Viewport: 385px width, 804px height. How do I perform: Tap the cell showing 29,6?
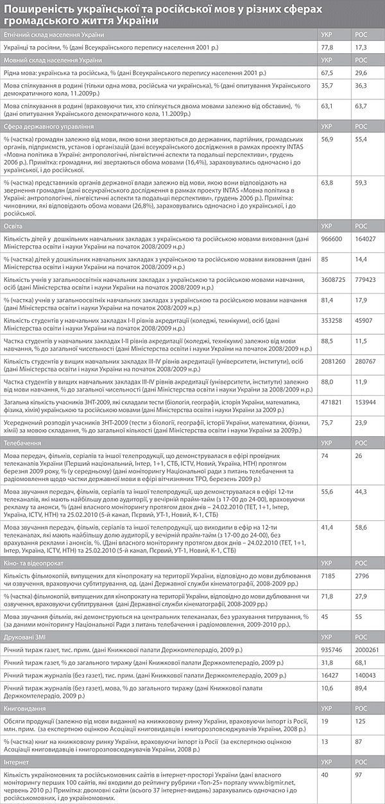tap(361, 74)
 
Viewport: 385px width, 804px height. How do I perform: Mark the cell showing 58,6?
tap(361, 525)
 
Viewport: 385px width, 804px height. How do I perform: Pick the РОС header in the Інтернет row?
tap(361, 763)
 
